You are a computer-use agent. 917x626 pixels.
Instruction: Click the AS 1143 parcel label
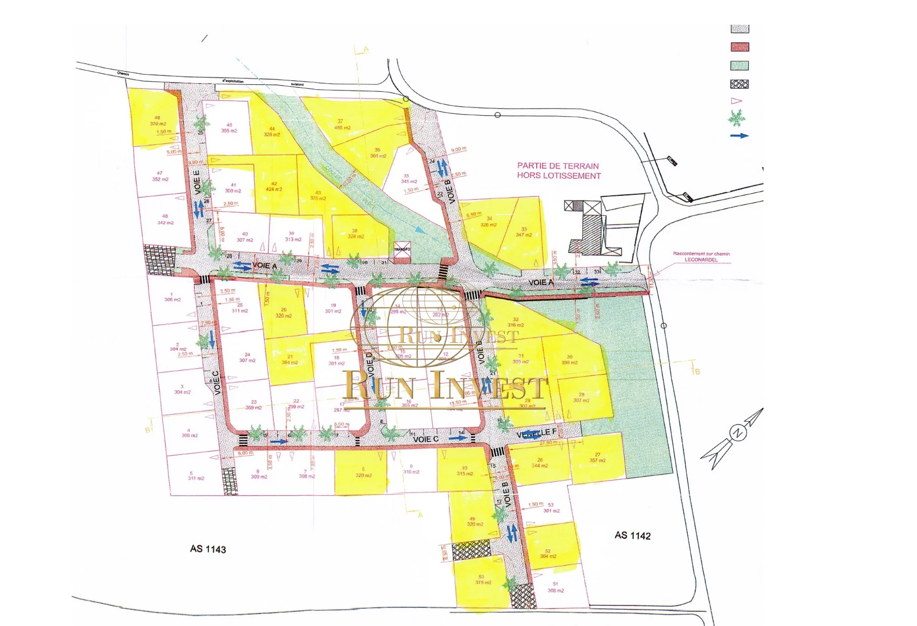tap(208, 549)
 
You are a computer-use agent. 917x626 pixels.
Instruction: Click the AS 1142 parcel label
tap(632, 536)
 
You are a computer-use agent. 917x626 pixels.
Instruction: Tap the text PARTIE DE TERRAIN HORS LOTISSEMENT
tap(558, 171)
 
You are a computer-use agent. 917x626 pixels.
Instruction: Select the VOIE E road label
tap(197, 182)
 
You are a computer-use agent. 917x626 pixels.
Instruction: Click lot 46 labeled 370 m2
tap(158, 121)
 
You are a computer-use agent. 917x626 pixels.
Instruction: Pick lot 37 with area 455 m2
tap(341, 125)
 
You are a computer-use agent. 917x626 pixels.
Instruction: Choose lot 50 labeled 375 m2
tap(482, 580)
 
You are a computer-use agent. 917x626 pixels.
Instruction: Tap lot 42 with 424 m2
tap(274, 187)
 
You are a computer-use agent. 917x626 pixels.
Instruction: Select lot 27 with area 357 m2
tap(597, 457)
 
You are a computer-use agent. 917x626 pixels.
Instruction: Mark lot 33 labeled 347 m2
tap(524, 232)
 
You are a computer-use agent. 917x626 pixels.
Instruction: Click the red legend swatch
tap(740, 47)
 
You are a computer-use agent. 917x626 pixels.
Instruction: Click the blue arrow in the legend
tap(739, 136)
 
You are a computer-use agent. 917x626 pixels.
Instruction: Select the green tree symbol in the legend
tap(737, 118)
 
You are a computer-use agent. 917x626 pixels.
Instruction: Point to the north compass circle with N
tap(738, 433)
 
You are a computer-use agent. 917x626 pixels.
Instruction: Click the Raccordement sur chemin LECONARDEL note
tap(701, 256)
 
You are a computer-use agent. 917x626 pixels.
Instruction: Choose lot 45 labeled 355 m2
tap(229, 128)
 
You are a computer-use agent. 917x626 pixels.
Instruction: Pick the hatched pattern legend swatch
tap(740, 84)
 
